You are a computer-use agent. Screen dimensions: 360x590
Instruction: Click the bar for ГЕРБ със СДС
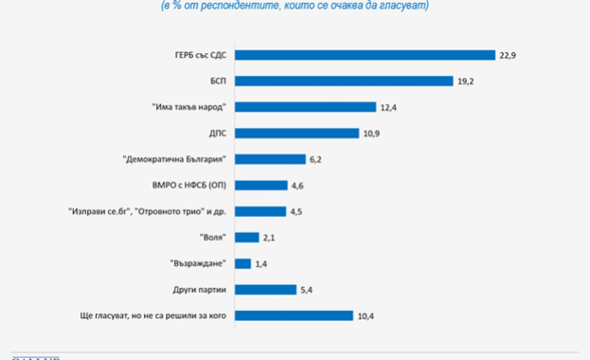pos(366,54)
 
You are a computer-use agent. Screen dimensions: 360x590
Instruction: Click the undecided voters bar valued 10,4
pos(295,315)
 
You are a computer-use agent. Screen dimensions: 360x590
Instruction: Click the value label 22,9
pos(510,54)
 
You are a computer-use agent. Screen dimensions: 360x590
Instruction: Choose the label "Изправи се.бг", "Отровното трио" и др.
pos(148,211)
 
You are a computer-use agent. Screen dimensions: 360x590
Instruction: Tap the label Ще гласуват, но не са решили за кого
pos(151,315)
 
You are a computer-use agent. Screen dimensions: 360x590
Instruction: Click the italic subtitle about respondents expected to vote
pos(295,6)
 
